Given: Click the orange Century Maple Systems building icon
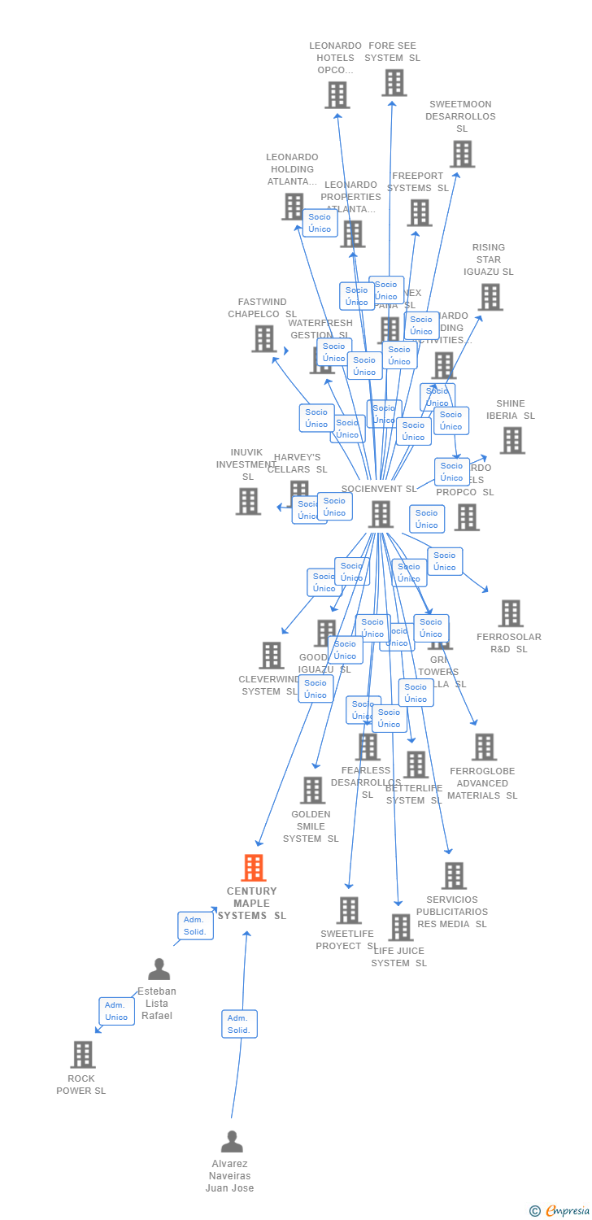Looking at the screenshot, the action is (x=254, y=868).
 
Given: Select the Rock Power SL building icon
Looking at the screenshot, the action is (x=83, y=1054).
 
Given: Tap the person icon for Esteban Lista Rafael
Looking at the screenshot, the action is (x=159, y=969).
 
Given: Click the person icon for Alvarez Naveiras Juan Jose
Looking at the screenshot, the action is (x=232, y=1142).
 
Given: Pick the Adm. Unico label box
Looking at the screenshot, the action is (x=116, y=1011).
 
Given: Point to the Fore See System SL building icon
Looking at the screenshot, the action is (x=394, y=82).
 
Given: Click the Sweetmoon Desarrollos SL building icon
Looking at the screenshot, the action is (x=462, y=154).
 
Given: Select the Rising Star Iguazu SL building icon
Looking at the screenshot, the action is (x=490, y=297).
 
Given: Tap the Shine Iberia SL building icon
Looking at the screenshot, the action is (x=512, y=440).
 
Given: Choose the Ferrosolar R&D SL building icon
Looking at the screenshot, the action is (x=511, y=613).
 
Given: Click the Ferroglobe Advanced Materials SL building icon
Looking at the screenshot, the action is (x=484, y=747).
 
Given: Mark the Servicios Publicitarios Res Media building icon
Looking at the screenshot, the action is (x=454, y=876).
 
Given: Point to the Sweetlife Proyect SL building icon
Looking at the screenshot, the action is (x=349, y=910).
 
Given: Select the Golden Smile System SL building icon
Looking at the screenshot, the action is (x=312, y=790).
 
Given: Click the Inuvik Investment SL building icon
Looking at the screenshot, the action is (x=249, y=501).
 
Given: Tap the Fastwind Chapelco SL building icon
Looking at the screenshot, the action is (x=264, y=338).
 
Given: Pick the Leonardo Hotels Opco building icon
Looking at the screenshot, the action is (x=337, y=94).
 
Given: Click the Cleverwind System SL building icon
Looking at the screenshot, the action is (x=272, y=655).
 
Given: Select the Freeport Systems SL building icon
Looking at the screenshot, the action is (x=420, y=212).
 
